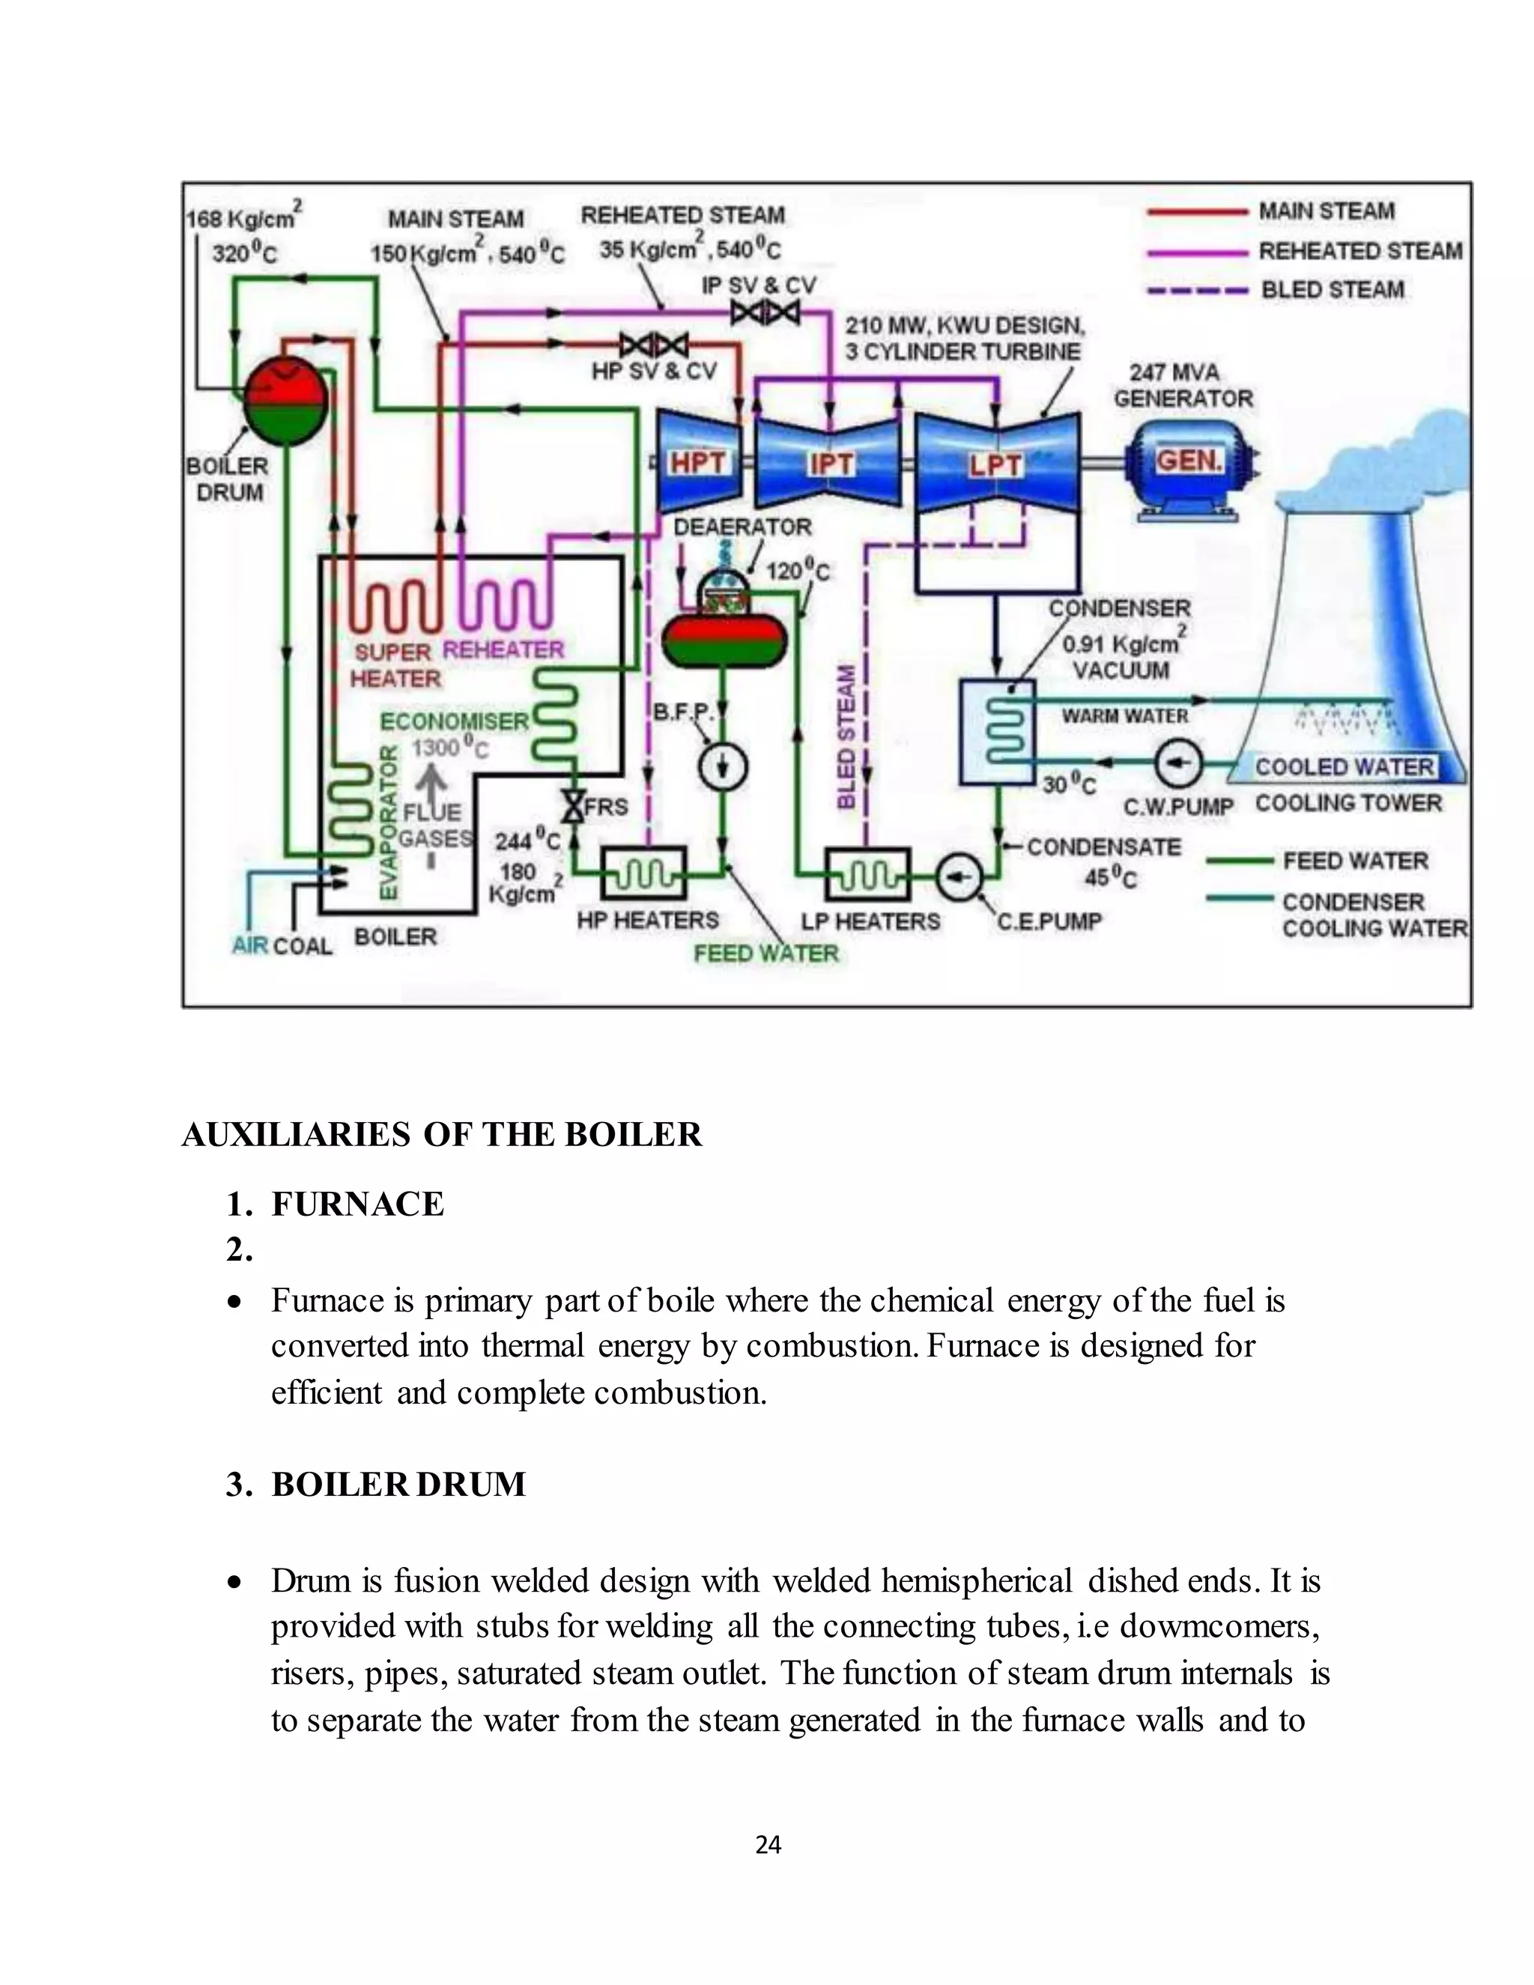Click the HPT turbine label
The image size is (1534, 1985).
(698, 463)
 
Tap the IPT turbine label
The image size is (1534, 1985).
(831, 464)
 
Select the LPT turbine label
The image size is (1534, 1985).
(996, 464)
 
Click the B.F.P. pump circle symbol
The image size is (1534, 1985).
(723, 768)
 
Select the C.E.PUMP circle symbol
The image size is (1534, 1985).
(959, 877)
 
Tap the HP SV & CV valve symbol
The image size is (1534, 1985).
(653, 345)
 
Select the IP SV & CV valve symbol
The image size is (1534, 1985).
(766, 312)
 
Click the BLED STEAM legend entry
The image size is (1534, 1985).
(1333, 290)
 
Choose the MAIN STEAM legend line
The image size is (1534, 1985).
(1198, 212)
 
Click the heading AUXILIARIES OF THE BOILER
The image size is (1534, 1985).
(442, 1135)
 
